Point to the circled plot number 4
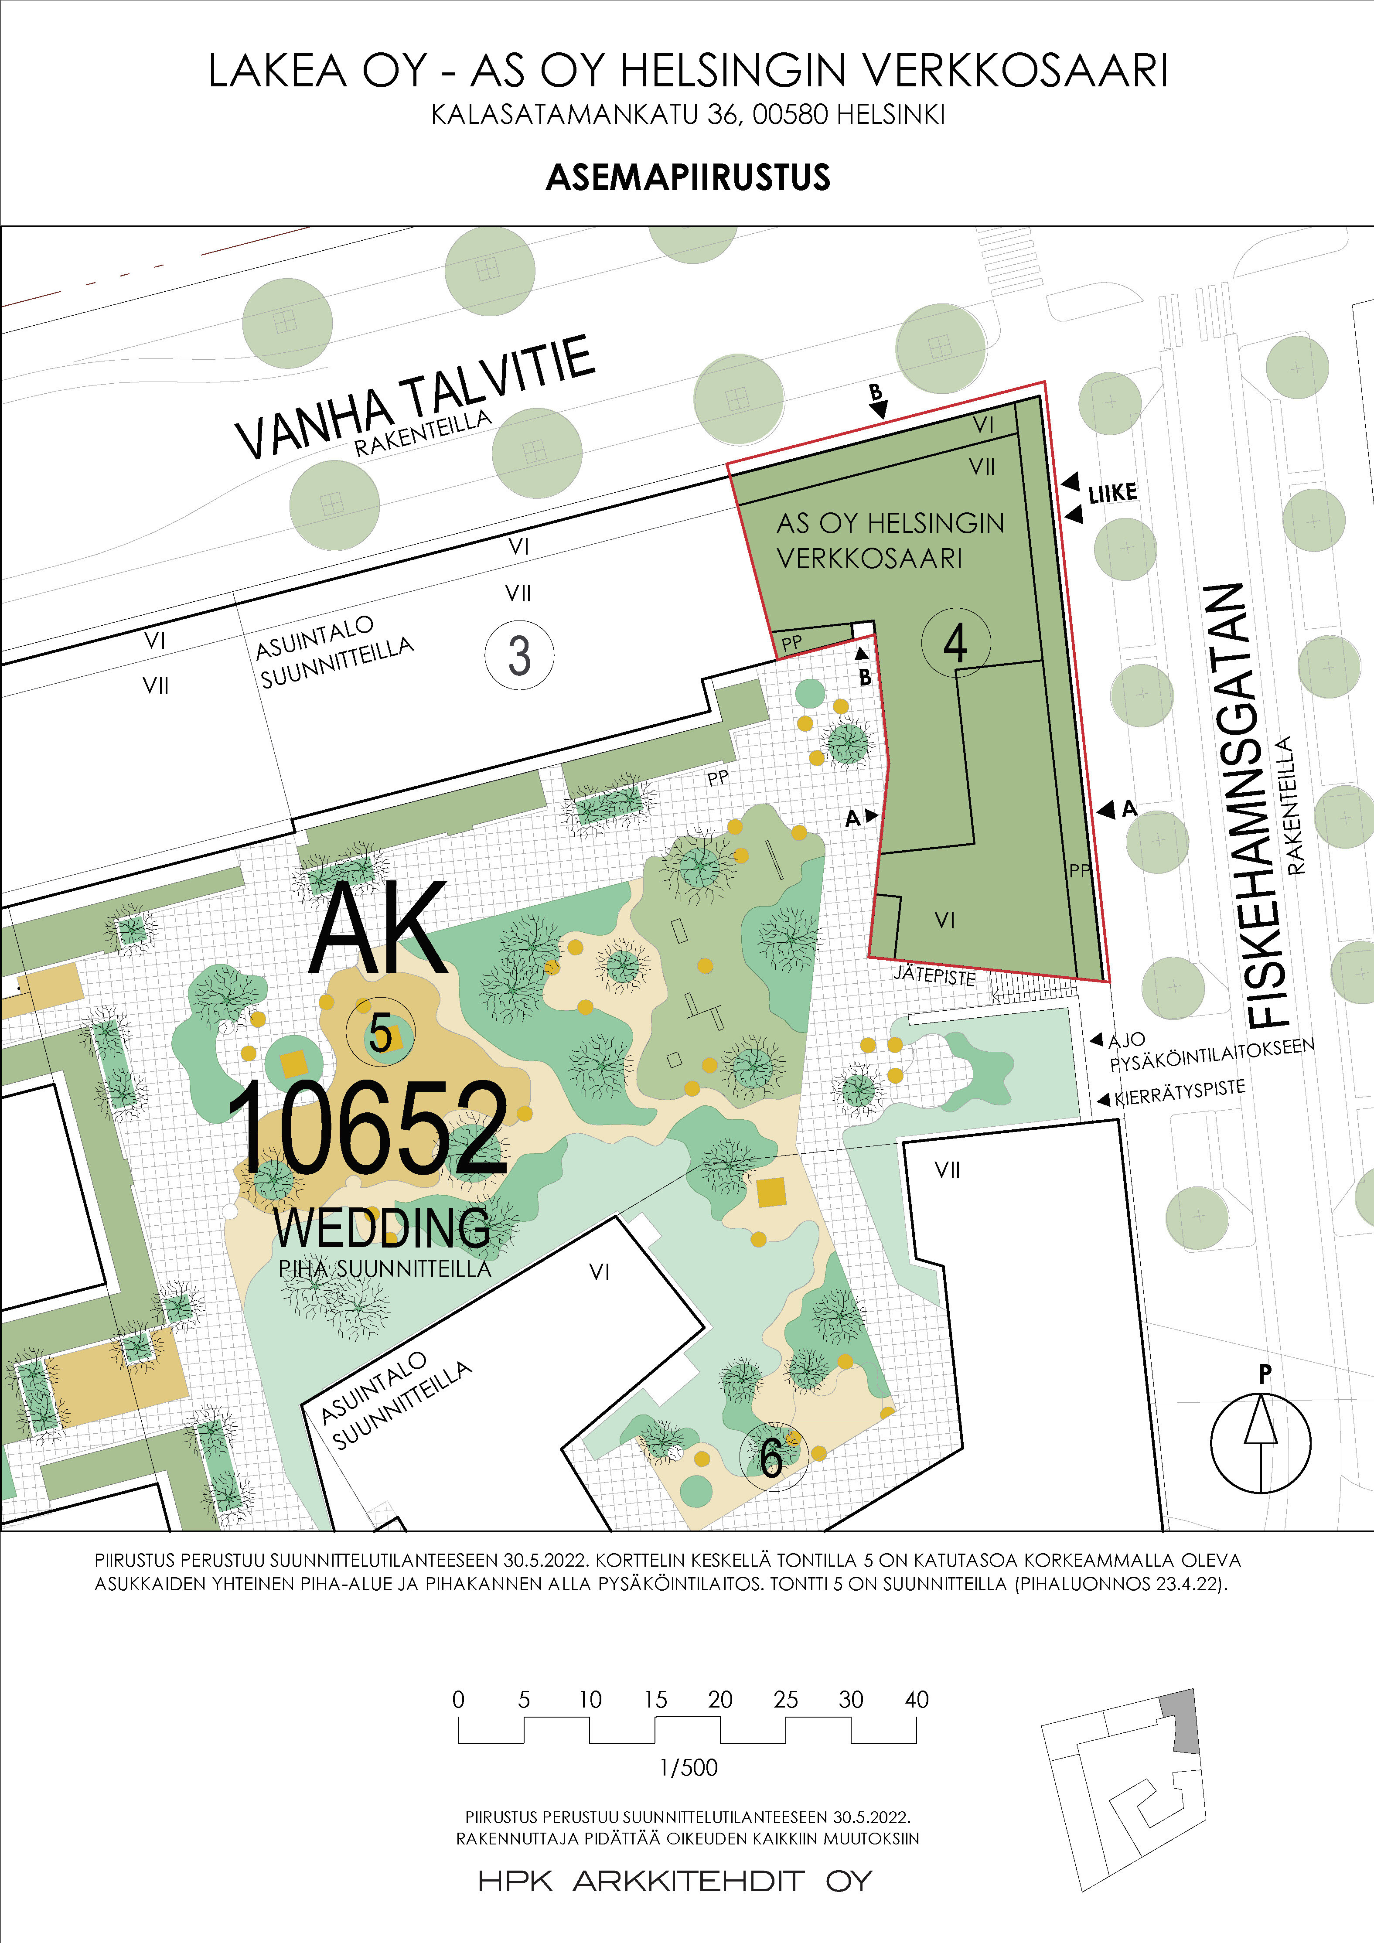pyautogui.click(x=955, y=643)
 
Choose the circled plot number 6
pyautogui.click(x=772, y=1457)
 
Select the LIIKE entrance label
pyautogui.click(x=1112, y=493)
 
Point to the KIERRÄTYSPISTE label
pyautogui.click(x=1180, y=1093)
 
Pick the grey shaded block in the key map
pyautogui.click(x=1182, y=1721)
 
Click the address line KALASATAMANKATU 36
pyautogui.click(x=687, y=114)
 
